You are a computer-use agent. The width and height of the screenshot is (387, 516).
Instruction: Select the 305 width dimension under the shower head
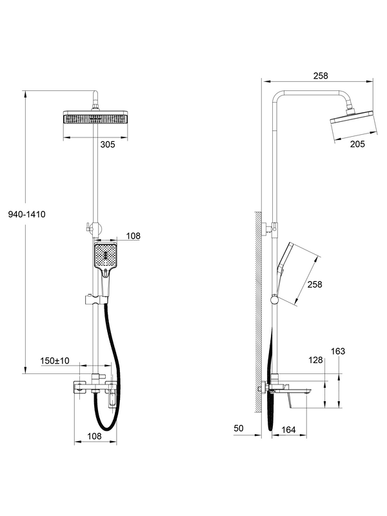coord(108,144)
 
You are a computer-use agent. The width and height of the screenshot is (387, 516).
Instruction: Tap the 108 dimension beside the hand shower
coord(134,237)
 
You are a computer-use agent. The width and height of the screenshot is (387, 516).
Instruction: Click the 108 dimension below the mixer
coord(95,437)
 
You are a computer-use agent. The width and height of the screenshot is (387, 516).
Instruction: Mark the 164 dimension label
coord(289,429)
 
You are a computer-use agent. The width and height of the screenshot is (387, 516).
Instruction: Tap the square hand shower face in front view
coord(104,257)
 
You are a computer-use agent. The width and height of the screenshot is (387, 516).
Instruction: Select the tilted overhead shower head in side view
coord(352,120)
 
